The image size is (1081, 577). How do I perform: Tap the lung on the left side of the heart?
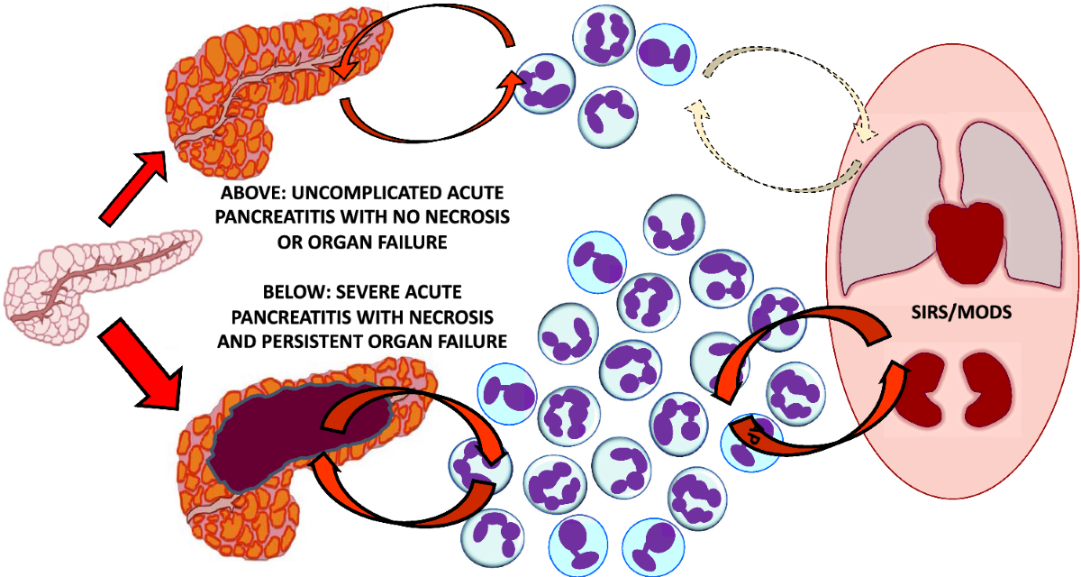tap(892, 207)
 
